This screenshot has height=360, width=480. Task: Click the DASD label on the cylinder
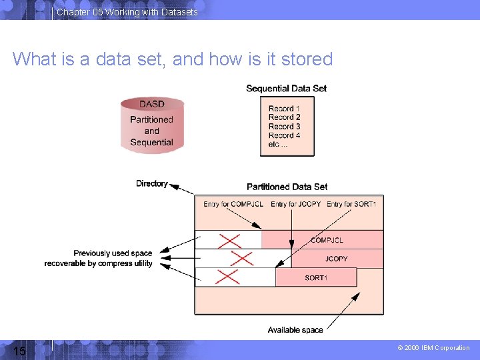click(x=152, y=104)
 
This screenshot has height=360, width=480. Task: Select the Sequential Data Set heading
click(x=286, y=89)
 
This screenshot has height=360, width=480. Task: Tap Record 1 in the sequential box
click(x=284, y=109)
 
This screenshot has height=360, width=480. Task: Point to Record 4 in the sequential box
click(x=284, y=135)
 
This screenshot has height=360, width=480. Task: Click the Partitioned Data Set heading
click(x=287, y=187)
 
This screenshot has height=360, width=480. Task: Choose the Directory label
click(x=152, y=183)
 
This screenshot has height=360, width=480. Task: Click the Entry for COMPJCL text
click(x=233, y=204)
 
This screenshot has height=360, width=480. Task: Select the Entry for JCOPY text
click(x=295, y=204)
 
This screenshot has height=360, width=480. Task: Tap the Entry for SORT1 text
click(x=351, y=204)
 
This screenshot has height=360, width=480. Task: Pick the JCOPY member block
click(x=336, y=259)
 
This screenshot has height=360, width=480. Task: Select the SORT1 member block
click(x=316, y=277)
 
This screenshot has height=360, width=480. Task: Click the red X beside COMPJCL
click(x=229, y=240)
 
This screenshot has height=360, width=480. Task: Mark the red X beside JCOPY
click(x=242, y=259)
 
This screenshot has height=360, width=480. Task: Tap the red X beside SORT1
click(x=228, y=277)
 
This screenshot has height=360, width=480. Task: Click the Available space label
click(x=295, y=330)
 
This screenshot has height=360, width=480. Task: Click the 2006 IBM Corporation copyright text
click(x=433, y=348)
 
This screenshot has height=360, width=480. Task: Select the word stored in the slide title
click(x=307, y=59)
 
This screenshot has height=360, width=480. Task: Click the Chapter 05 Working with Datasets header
click(x=127, y=12)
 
